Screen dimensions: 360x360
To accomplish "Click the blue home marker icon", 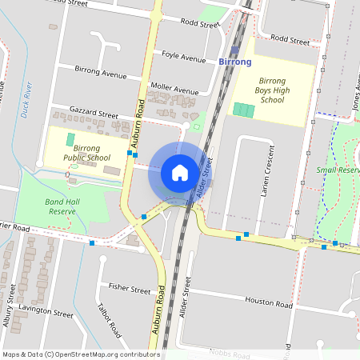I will pyautogui.click(x=179, y=173).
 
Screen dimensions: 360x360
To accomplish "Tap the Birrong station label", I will pyautogui.click(x=234, y=62).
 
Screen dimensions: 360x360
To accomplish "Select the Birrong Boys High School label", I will pyautogui.click(x=272, y=90).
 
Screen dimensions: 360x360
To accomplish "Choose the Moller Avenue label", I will pyautogui.click(x=174, y=90).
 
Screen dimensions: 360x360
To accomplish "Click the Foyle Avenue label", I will pyautogui.click(x=183, y=56).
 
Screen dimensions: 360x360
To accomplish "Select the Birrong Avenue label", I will pyautogui.click(x=102, y=71).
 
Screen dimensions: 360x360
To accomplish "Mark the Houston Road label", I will pyautogui.click(x=267, y=302).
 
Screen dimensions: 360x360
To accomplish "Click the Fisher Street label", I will pyautogui.click(x=129, y=289).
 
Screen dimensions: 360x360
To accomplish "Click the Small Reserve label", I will pyautogui.click(x=336, y=170).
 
